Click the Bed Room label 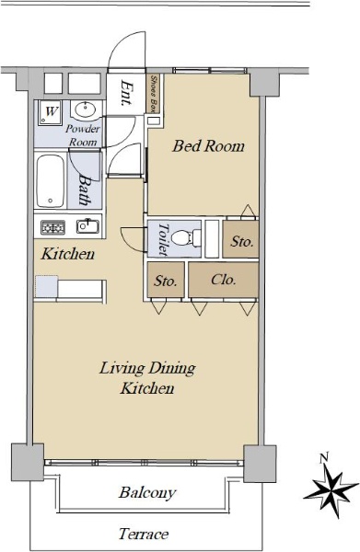pyautogui.click(x=208, y=146)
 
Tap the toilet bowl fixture pyautogui.click(x=186, y=238)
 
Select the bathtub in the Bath pyautogui.click(x=51, y=181)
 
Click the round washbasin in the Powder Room pyautogui.click(x=85, y=109)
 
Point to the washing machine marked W pyautogui.click(x=51, y=111)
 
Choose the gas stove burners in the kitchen pyautogui.click(x=52, y=227)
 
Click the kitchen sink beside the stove pyautogui.click(x=87, y=226)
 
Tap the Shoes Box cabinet pyautogui.click(x=153, y=94)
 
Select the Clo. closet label pyautogui.click(x=224, y=280)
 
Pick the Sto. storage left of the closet pyautogui.click(x=166, y=281)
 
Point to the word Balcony pyautogui.click(x=147, y=493)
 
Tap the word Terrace pyautogui.click(x=144, y=535)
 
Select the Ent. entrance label pyautogui.click(x=126, y=93)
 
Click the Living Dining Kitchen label pyautogui.click(x=147, y=378)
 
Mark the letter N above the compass pyautogui.click(x=324, y=458)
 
